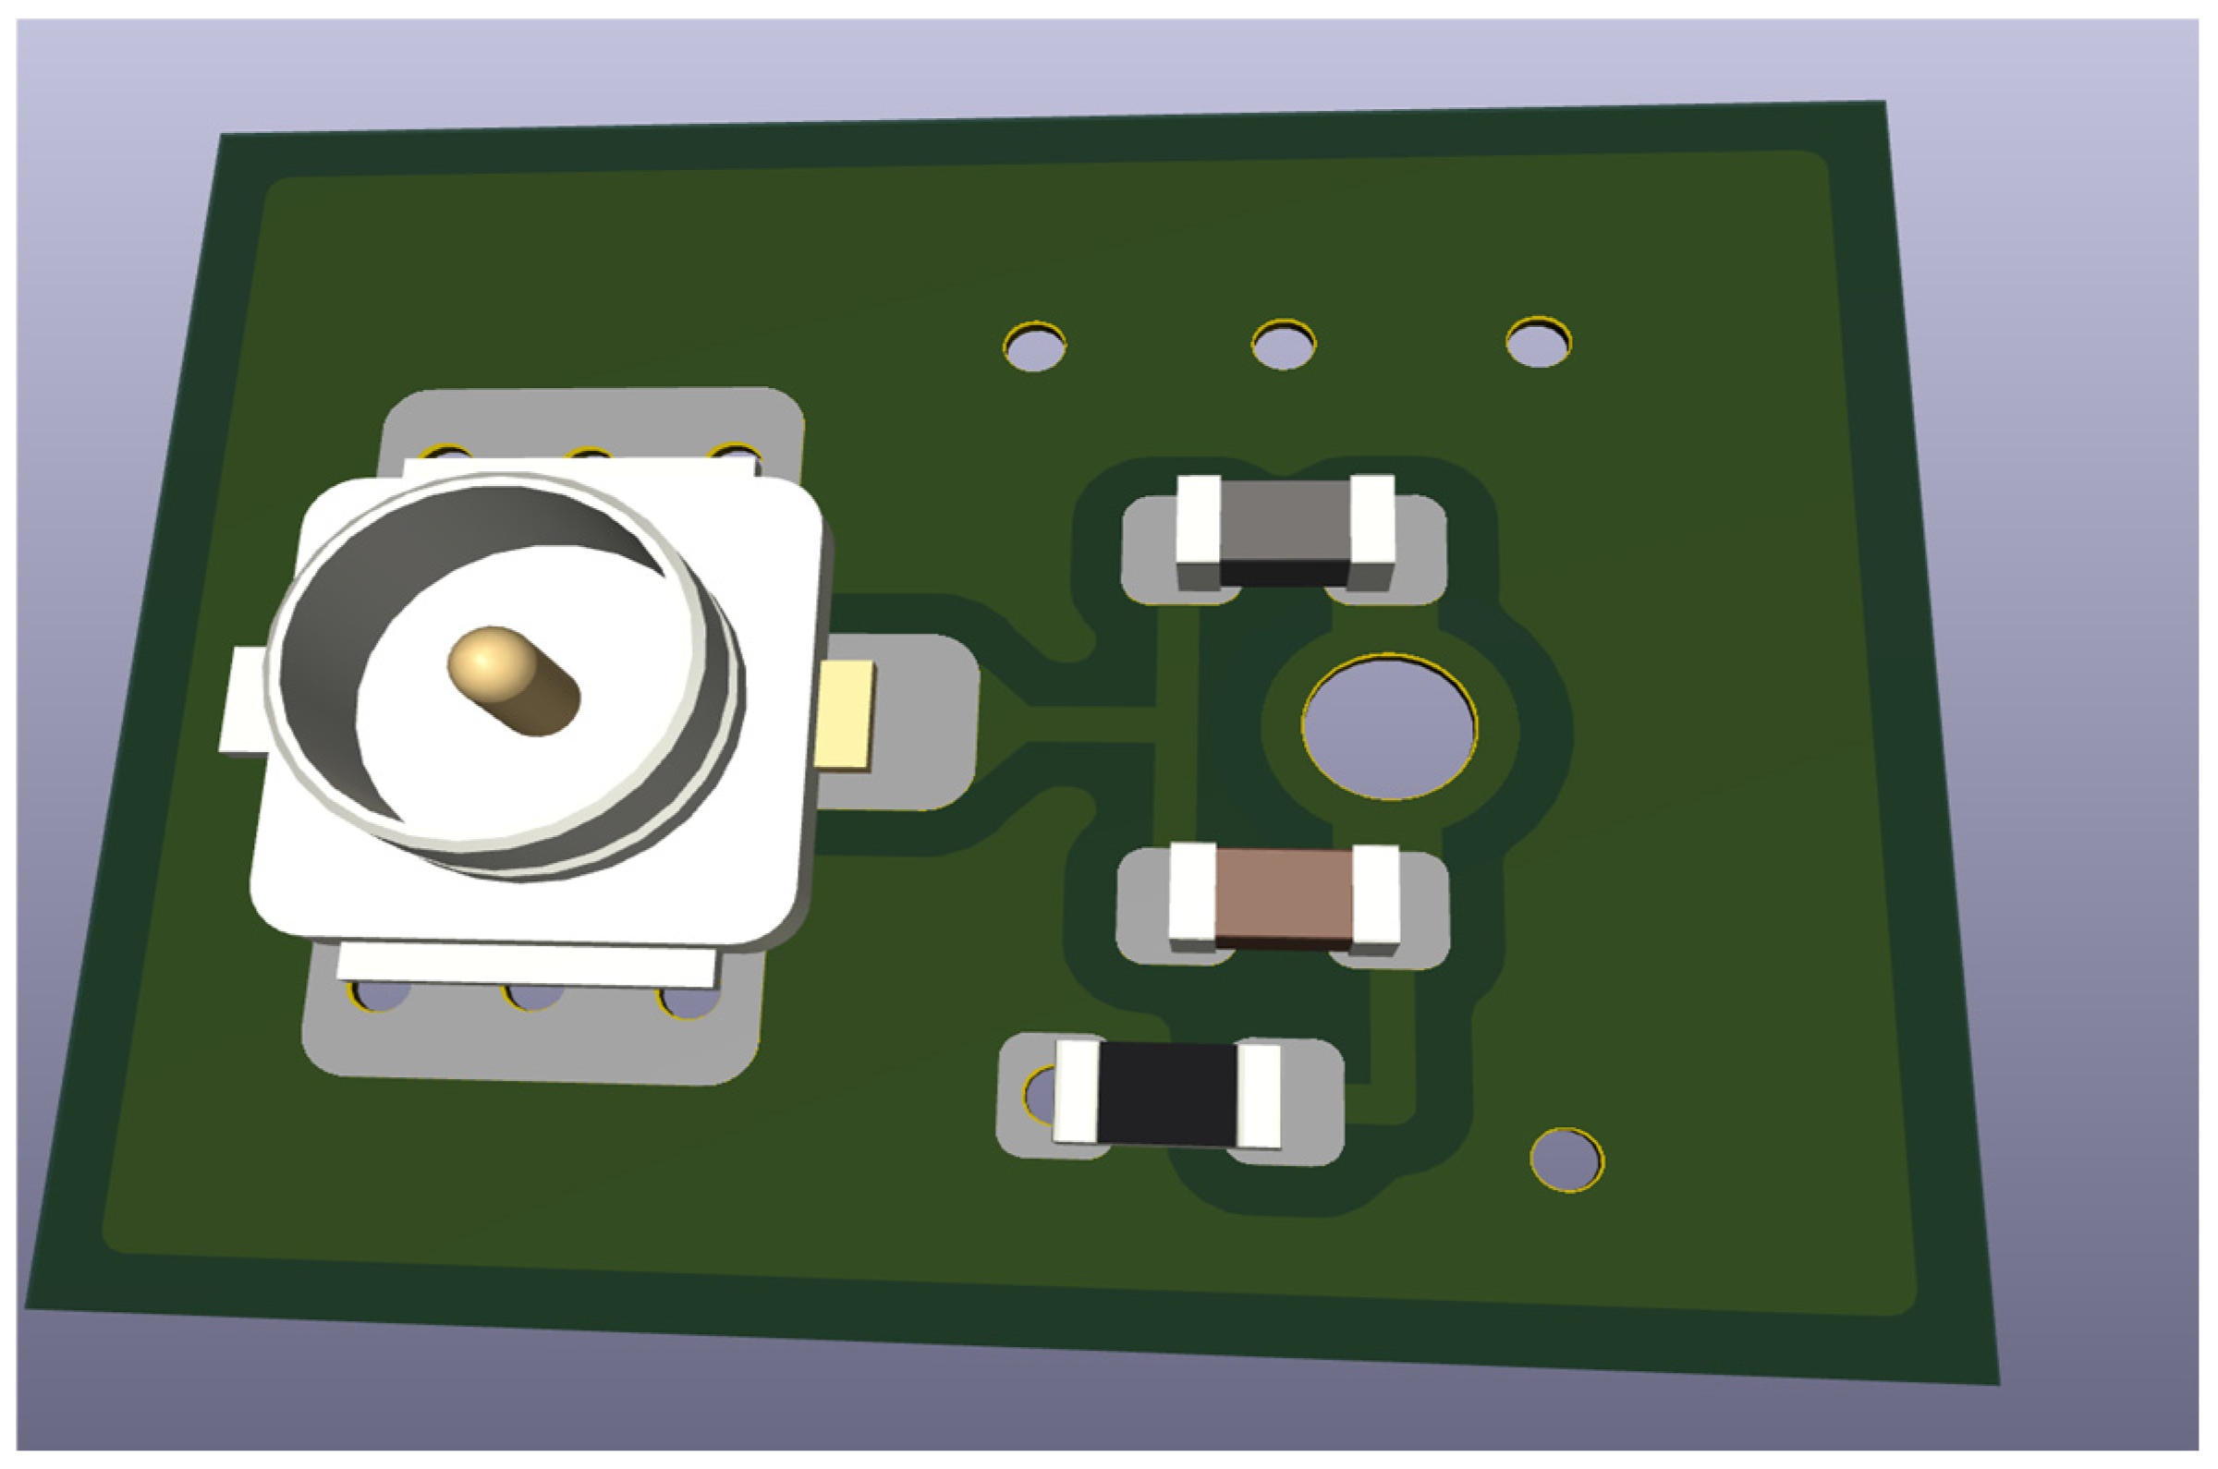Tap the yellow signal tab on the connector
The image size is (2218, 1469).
point(845,715)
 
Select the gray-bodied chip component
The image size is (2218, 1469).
point(1285,532)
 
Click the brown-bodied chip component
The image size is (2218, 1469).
point(1284,895)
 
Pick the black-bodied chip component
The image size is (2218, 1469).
point(1167,1093)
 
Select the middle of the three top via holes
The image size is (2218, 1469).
point(1284,346)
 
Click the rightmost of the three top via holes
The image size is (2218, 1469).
point(1539,343)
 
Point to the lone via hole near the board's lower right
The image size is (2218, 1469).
point(1566,1159)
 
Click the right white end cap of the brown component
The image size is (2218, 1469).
point(1375,894)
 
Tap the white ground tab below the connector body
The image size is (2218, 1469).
point(528,965)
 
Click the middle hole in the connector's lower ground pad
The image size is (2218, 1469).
point(533,998)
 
